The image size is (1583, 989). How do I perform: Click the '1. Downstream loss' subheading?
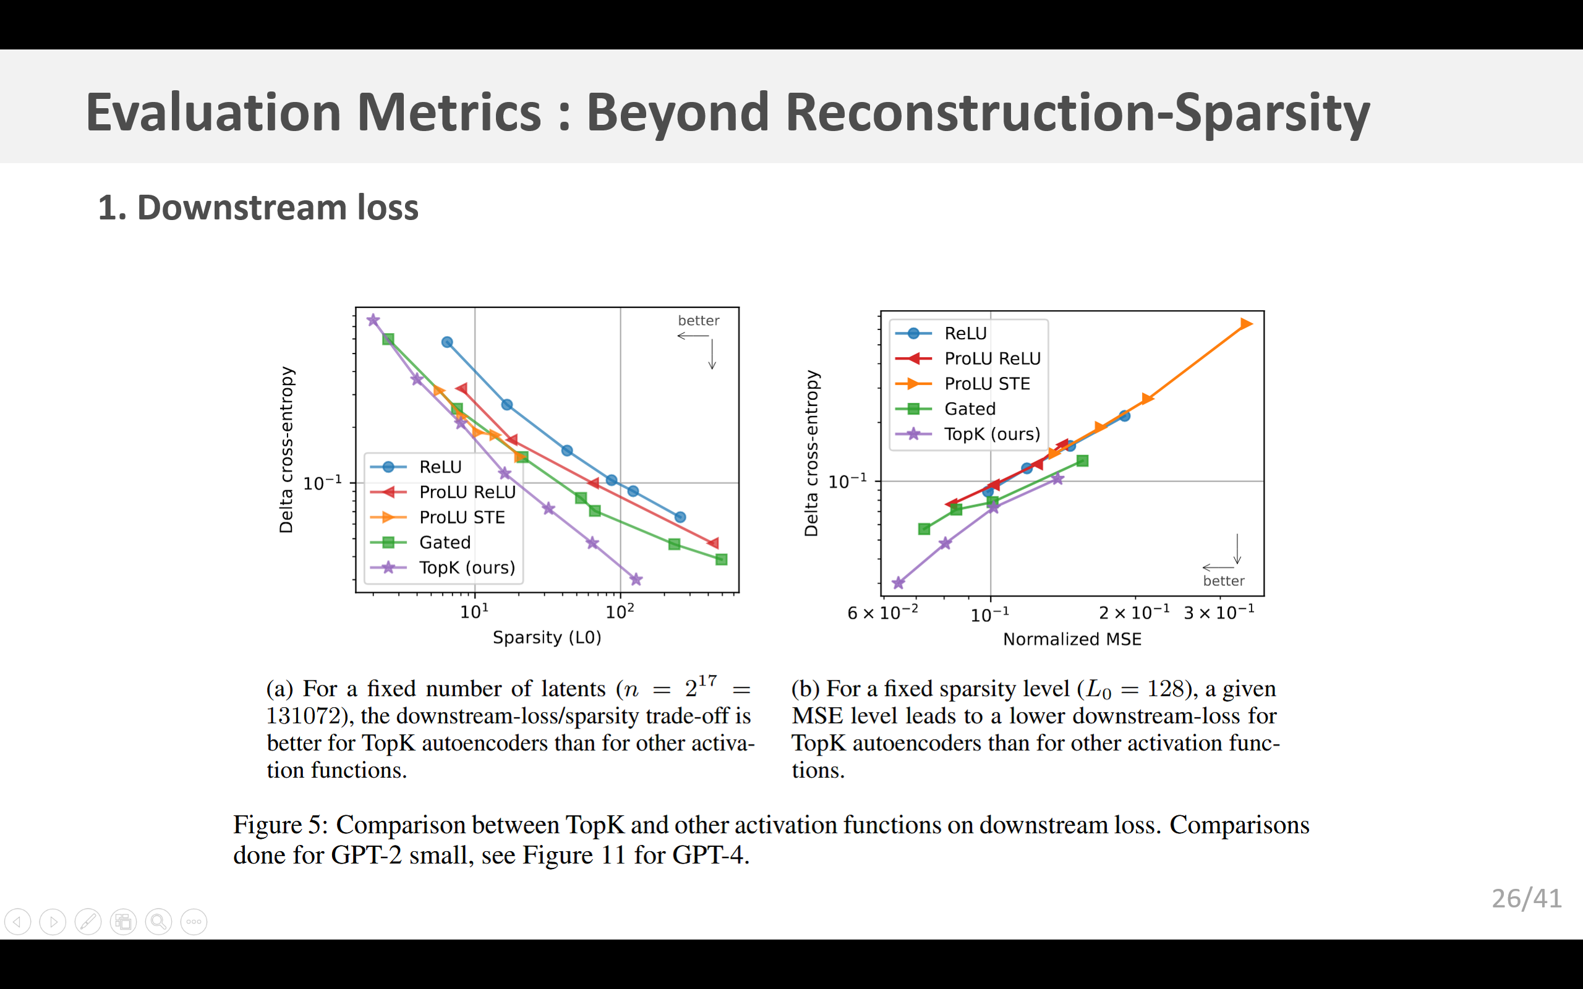tap(258, 208)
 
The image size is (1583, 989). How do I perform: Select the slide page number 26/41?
tap(1526, 899)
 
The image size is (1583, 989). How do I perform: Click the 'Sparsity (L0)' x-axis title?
tap(547, 637)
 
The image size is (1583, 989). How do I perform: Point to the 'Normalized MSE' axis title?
tap(1072, 639)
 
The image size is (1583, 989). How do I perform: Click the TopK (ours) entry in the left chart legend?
tap(466, 568)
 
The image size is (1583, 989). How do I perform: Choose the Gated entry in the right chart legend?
tap(970, 409)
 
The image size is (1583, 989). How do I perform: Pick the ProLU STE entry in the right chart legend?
tap(986, 384)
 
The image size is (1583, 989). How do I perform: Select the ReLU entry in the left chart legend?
tap(440, 467)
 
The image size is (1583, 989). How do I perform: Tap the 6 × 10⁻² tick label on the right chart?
tap(882, 613)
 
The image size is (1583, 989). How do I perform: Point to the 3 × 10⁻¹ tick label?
tap(1219, 613)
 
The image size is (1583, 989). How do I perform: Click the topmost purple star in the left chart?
tap(373, 320)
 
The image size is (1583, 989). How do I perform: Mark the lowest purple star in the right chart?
tap(898, 583)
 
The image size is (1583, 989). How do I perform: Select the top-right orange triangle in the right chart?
tap(1246, 324)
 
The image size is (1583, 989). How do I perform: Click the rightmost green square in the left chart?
tap(721, 559)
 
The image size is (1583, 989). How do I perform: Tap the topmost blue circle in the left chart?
tap(447, 342)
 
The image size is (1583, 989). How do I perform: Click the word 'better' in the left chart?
tap(699, 321)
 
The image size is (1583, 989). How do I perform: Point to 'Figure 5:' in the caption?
tap(281, 825)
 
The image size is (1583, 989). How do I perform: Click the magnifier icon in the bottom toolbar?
tap(158, 922)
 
